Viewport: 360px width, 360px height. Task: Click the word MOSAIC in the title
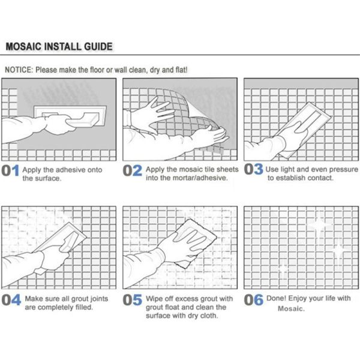23,47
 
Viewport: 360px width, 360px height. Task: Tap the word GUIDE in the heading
98,47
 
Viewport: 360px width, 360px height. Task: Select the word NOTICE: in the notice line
19,70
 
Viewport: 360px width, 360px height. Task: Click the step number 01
10,170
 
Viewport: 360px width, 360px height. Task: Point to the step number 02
133,170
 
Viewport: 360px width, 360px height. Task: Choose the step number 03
253,169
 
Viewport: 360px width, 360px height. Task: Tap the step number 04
11,300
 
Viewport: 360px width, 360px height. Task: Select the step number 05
133,300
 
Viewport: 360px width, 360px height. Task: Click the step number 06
253,300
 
